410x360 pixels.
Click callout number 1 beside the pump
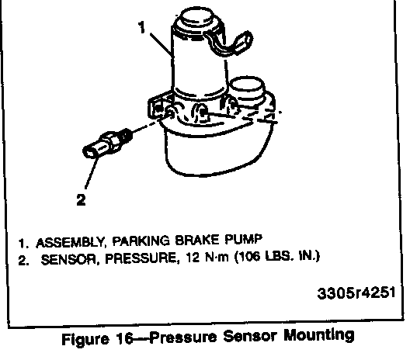pos(142,27)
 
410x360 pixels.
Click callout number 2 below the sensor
pos(81,200)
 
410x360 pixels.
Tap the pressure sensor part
pos(107,144)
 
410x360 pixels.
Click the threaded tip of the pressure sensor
pos(126,134)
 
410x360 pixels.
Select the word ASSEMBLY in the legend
pos(70,243)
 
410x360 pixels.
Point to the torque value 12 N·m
pos(207,258)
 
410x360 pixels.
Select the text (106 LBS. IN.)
pos(277,257)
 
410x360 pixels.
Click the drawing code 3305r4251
pos(356,293)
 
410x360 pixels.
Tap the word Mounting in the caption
pos(319,335)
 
